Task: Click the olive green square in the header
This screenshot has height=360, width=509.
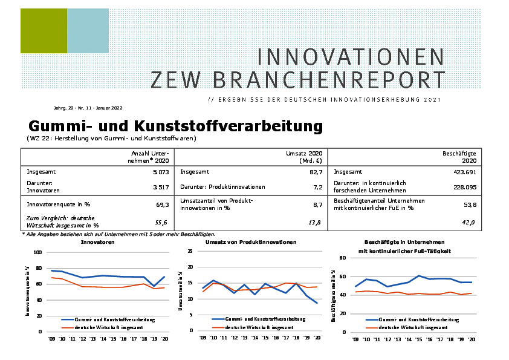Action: coord(44,31)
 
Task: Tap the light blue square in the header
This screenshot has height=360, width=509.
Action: coord(88,31)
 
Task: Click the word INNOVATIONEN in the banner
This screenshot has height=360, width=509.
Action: coord(351,56)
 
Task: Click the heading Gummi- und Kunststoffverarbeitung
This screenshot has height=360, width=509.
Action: coord(175,126)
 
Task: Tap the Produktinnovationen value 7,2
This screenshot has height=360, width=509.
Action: coord(315,187)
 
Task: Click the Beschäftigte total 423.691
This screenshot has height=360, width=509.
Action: coord(461,172)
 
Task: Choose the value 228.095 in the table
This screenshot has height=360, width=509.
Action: coord(461,187)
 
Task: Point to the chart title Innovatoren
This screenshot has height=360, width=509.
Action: coord(98,241)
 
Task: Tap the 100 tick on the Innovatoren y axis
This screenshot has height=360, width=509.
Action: coord(38,252)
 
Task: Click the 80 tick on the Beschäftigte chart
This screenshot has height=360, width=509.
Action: coord(342,258)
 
